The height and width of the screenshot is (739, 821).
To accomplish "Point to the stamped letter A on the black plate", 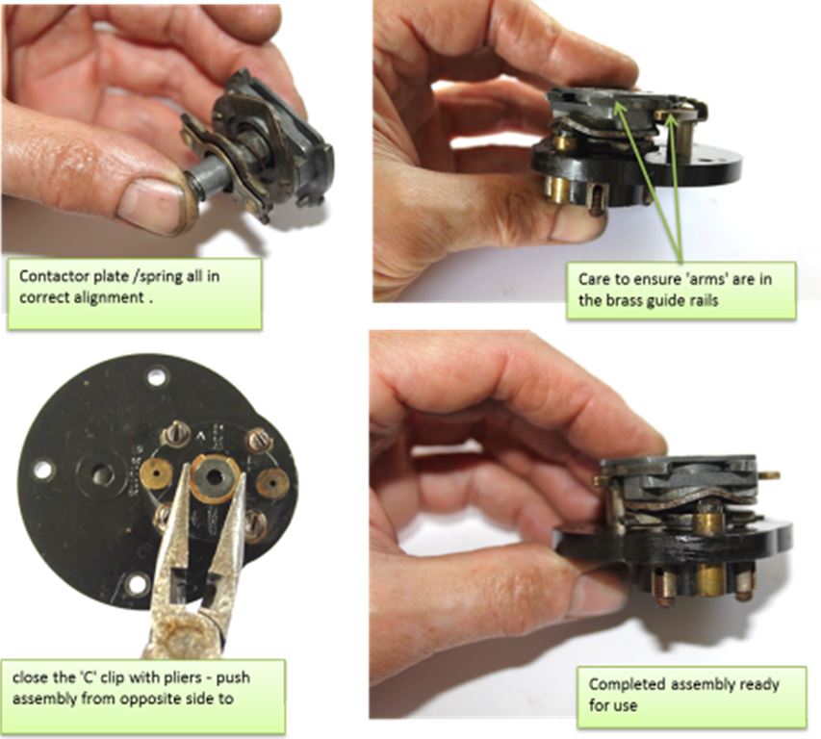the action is click(200, 435).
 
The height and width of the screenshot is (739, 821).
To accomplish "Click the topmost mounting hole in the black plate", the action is click(157, 376).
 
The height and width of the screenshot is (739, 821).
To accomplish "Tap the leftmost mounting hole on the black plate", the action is click(43, 469).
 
